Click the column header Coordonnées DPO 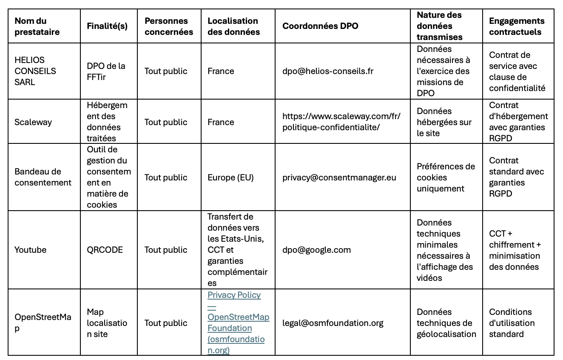click(320, 26)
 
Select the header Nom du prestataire click(37, 26)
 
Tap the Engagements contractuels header click(516, 26)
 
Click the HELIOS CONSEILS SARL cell click(35, 71)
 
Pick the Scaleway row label click(33, 122)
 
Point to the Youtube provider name click(31, 250)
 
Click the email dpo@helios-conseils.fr click(328, 71)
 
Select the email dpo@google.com click(316, 250)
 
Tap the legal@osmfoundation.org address click(333, 323)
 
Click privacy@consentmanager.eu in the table click(339, 177)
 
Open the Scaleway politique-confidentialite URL click(341, 122)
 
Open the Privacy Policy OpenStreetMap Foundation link click(238, 323)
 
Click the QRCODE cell click(105, 250)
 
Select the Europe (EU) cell click(230, 177)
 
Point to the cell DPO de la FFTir click(106, 71)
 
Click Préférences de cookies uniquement click(446, 177)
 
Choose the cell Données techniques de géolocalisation click(446, 323)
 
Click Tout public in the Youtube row click(166, 250)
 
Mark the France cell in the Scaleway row click(221, 122)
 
